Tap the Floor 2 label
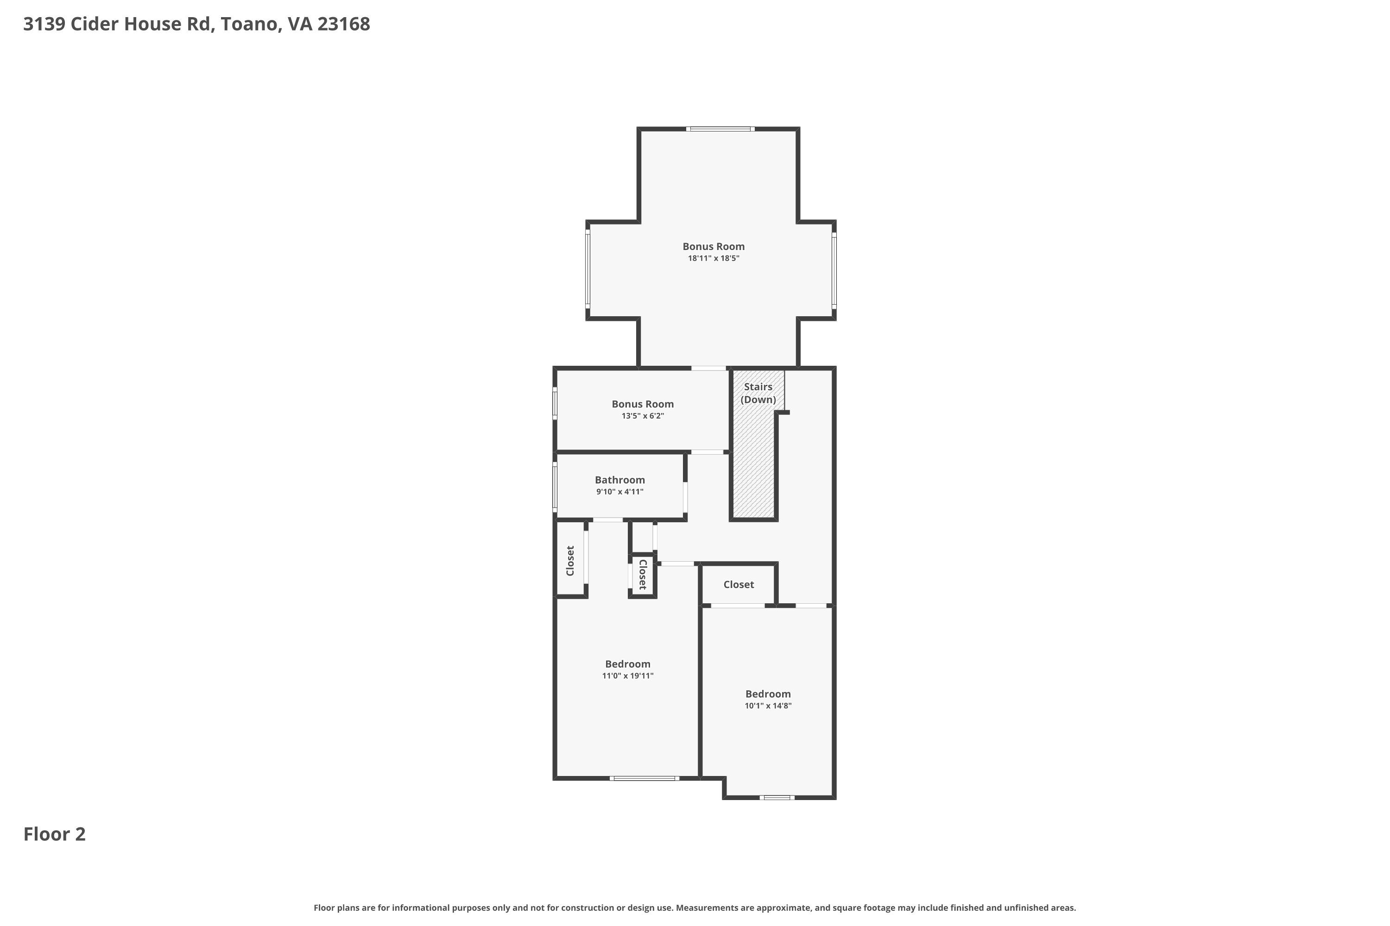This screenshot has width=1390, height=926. tap(54, 834)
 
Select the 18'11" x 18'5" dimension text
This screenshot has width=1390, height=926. tap(714, 258)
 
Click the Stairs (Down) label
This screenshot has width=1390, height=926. tap(758, 393)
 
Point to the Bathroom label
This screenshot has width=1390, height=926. tap(619, 480)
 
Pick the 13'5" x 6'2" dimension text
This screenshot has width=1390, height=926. tap(642, 416)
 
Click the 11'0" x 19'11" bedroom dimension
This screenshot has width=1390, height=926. tap(628, 676)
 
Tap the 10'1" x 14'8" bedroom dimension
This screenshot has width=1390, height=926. tap(768, 706)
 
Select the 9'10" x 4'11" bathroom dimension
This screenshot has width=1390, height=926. tap(619, 491)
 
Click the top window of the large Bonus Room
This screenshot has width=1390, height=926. tap(720, 129)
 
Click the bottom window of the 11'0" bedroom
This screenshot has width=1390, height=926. tap(644, 778)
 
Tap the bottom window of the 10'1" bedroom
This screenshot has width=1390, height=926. tap(777, 798)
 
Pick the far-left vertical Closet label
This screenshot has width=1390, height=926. tap(570, 560)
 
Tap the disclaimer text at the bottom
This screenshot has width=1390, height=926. tap(695, 907)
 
